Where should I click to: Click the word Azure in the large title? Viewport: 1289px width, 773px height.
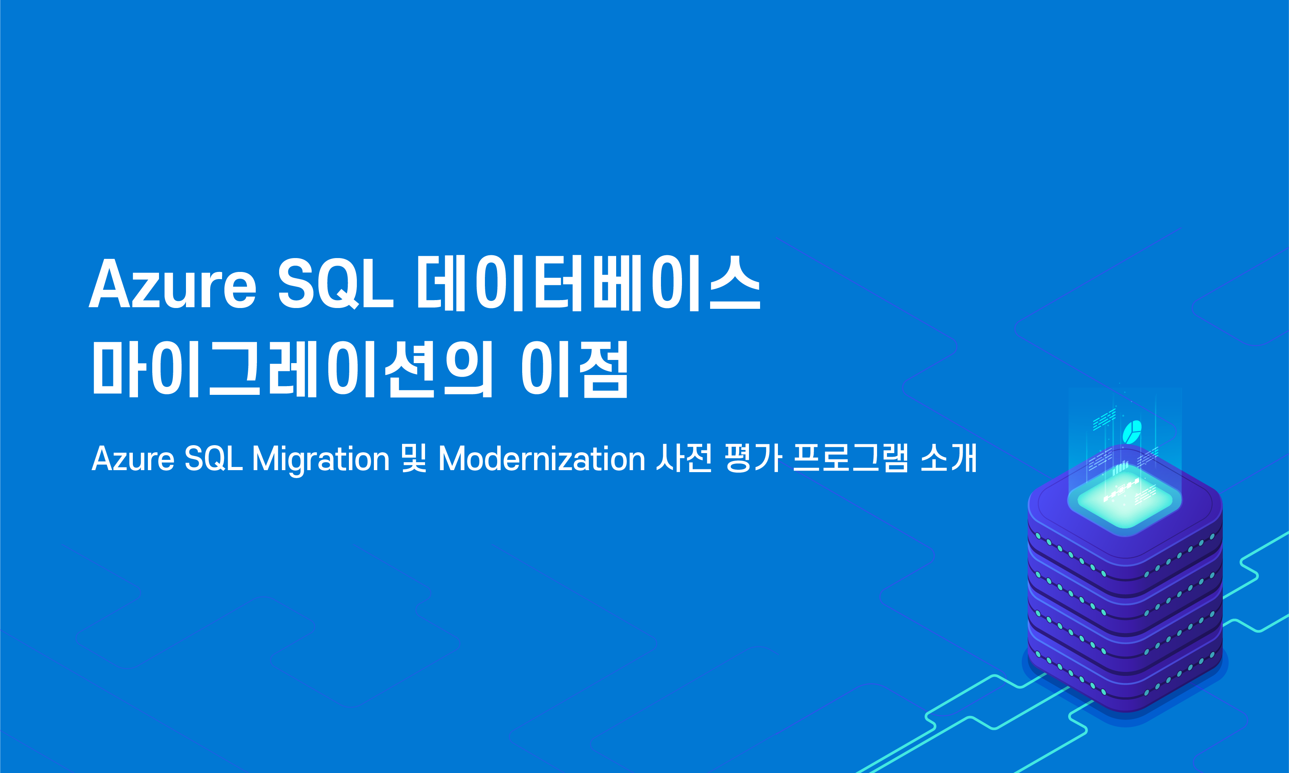tap(172, 284)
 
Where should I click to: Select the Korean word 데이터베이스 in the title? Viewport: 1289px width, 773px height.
tap(588, 284)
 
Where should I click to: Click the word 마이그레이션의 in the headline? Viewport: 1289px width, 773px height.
tap(292, 370)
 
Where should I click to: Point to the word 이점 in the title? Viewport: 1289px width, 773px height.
tap(575, 370)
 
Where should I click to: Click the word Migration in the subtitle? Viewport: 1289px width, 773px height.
tap(320, 459)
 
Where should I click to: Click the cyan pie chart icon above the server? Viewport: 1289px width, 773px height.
tap(1132, 432)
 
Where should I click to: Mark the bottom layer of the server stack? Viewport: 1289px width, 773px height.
tap(1125, 677)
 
